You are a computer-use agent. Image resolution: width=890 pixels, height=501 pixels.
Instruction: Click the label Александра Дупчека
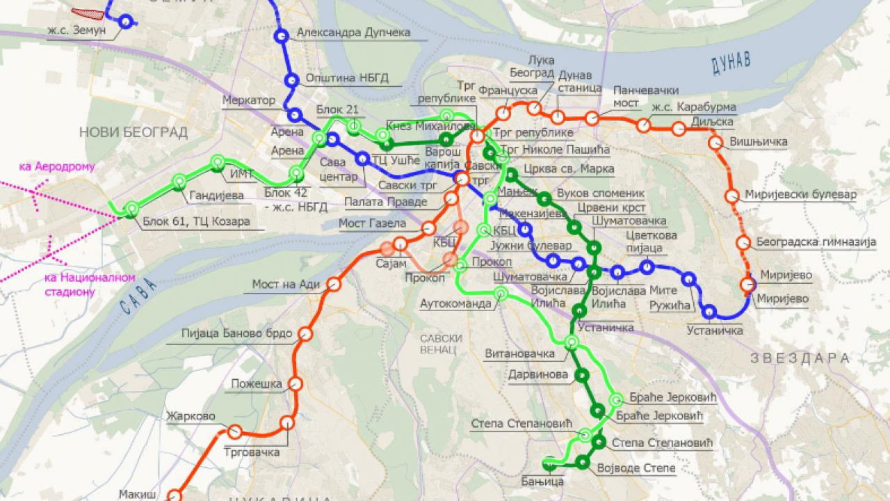[x=353, y=33]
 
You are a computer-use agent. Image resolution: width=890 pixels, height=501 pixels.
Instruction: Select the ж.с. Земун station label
[x=77, y=31]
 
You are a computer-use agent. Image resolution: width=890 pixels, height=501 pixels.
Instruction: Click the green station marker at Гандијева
[x=179, y=182]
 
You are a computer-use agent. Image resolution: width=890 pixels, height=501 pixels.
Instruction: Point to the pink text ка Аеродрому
[x=57, y=167]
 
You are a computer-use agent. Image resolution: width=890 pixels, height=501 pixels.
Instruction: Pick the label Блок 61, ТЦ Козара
[x=197, y=223]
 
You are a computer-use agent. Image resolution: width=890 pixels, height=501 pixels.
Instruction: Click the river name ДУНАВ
[x=730, y=63]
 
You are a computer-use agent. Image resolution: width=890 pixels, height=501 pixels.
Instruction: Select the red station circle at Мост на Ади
[x=334, y=284]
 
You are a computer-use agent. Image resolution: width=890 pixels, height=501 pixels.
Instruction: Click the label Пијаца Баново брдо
[x=236, y=333]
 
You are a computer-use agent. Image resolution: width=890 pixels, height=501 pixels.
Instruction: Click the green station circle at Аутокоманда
[x=500, y=294]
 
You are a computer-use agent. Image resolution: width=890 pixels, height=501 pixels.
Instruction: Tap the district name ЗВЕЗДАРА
[x=800, y=358]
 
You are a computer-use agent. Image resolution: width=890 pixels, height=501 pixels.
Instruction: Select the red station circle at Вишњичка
[x=715, y=143]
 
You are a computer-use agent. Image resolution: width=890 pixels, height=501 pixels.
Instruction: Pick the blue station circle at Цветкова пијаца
[x=647, y=267]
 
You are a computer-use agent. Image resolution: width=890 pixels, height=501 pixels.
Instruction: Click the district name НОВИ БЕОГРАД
[x=133, y=132]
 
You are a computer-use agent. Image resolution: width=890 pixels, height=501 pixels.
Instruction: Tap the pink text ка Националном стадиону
[x=79, y=285]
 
